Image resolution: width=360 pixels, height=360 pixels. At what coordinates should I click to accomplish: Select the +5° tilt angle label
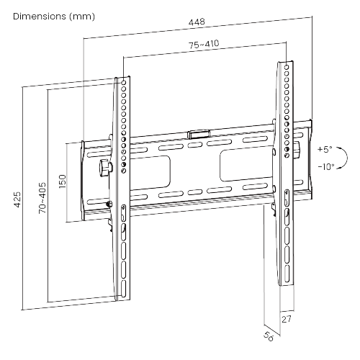(324, 150)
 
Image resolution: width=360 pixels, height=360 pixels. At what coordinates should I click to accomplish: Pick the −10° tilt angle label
(325, 167)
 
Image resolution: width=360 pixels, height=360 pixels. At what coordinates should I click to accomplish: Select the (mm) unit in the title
(80, 15)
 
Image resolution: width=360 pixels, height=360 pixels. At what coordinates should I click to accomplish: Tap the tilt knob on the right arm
(297, 151)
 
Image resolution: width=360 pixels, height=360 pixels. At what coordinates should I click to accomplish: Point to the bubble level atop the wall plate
(197, 133)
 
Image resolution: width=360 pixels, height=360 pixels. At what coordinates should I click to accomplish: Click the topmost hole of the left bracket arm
(124, 81)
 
